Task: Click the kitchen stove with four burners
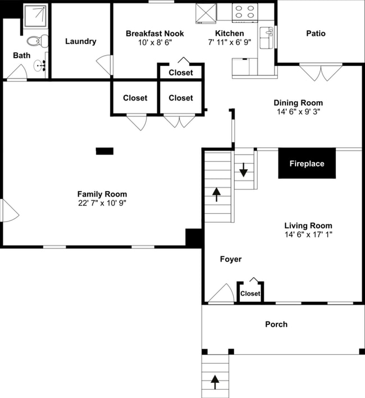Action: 244,12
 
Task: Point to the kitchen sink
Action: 268,34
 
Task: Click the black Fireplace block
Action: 307,164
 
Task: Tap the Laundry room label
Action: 80,41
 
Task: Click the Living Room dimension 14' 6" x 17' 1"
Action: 308,235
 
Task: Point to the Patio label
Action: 316,33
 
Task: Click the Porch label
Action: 276,324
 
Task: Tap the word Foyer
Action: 230,259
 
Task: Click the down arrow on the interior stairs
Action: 243,169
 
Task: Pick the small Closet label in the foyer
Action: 250,293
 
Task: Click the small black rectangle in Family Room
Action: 104,151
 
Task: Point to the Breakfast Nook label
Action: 154,34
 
